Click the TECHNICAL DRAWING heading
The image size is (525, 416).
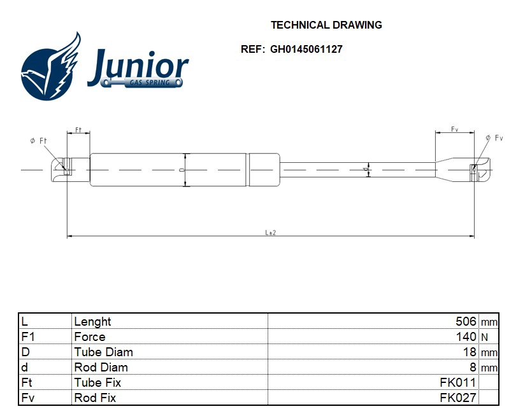[326, 25]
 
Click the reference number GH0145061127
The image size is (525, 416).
[306, 49]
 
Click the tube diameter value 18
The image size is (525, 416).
[470, 352]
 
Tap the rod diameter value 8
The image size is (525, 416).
[473, 368]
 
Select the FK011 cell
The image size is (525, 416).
[457, 383]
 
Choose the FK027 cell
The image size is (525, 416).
[457, 398]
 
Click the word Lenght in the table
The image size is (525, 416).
[92, 322]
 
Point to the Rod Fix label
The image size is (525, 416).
[95, 398]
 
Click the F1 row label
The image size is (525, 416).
[27, 337]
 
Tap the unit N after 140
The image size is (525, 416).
[484, 338]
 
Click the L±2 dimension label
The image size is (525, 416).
[270, 233]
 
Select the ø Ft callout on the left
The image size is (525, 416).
[38, 141]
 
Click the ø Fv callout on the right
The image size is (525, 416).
[494, 138]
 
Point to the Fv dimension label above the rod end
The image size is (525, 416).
[454, 129]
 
